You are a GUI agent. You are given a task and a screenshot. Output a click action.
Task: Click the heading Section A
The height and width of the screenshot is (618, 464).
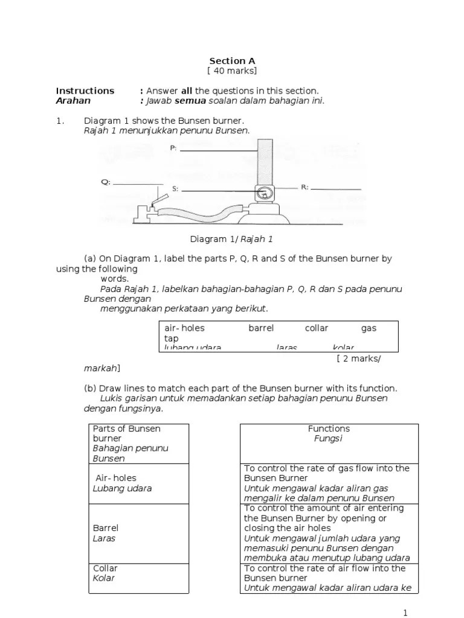point(232,61)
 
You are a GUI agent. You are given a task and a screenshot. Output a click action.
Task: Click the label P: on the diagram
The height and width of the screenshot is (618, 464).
point(173,148)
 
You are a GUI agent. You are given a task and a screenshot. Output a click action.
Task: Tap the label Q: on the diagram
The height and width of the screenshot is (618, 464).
point(105,182)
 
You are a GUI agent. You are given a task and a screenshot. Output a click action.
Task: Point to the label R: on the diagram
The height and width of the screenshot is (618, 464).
point(304,187)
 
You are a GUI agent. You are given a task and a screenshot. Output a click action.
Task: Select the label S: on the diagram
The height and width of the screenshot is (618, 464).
point(175,189)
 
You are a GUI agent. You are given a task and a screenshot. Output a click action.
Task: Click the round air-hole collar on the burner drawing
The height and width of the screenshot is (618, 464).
point(263,194)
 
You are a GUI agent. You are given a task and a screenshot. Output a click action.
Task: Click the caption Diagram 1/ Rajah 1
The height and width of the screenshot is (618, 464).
point(232,239)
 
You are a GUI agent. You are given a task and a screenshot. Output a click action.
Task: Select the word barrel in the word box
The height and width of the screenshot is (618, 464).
point(261,328)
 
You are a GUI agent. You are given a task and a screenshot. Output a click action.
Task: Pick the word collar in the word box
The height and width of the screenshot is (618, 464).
point(316,328)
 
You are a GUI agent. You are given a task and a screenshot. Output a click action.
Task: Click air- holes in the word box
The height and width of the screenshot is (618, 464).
point(185,328)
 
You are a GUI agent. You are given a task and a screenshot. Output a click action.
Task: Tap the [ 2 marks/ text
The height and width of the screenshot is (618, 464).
point(359,358)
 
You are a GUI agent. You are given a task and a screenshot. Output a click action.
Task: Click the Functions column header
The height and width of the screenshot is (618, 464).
point(329,428)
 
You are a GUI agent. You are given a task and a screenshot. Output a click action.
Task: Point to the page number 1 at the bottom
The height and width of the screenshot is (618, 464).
point(405,612)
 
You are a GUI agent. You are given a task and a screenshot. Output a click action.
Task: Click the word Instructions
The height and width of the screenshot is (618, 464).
point(85,91)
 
